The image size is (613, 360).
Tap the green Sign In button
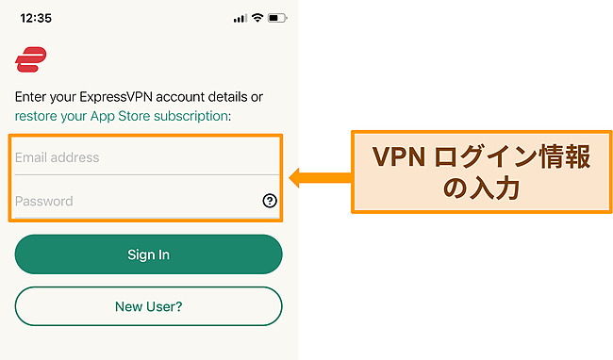[148, 254]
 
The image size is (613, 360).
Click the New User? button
[148, 306]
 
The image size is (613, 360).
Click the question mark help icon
[269, 201]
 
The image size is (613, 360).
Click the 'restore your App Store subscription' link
[122, 116]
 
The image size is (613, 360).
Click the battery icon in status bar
[277, 18]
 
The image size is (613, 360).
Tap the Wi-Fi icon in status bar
[256, 18]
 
